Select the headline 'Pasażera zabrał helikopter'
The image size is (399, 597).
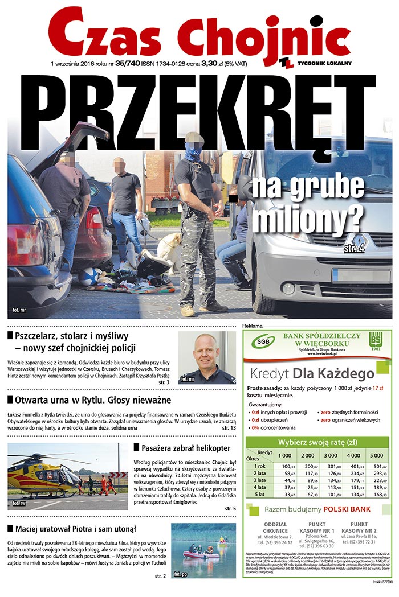pyautogui.click(x=185, y=448)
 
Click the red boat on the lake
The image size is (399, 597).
pyautogui.click(x=201, y=554)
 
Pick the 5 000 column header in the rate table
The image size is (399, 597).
pyautogui.click(x=376, y=455)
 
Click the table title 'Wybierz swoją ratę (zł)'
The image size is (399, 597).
pyautogui.click(x=317, y=442)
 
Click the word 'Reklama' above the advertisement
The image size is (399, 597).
pyautogui.click(x=252, y=326)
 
